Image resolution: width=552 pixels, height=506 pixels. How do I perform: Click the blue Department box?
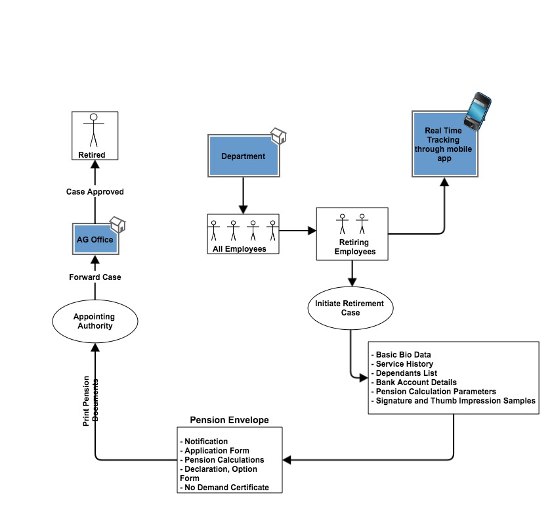click(x=244, y=156)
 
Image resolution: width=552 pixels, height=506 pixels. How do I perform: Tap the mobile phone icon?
click(x=477, y=111)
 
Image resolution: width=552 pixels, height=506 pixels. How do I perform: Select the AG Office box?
click(x=95, y=239)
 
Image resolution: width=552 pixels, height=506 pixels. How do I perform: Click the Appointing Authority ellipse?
click(x=95, y=321)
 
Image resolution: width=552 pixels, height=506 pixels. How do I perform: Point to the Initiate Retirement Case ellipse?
click(x=350, y=308)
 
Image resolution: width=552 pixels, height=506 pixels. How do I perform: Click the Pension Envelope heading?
click(x=229, y=420)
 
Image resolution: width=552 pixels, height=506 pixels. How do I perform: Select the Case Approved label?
click(x=95, y=192)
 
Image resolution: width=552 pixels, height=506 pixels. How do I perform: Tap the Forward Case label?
click(x=95, y=277)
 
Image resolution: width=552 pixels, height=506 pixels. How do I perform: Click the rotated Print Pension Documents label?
click(x=91, y=401)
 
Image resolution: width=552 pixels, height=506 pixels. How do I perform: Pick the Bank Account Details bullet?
click(x=414, y=382)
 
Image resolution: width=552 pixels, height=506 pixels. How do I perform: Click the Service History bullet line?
click(x=402, y=364)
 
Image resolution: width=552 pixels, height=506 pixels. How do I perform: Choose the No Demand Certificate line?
click(x=224, y=488)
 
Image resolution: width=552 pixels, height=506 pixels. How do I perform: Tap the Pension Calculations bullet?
click(x=222, y=460)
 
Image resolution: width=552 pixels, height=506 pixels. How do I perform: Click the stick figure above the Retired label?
click(x=94, y=129)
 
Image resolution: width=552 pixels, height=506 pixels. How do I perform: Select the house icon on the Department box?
click(x=278, y=136)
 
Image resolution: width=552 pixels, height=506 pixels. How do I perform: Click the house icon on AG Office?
click(x=117, y=225)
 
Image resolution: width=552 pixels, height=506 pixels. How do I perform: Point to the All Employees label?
click(x=240, y=249)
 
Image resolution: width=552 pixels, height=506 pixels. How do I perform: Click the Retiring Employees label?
click(x=355, y=246)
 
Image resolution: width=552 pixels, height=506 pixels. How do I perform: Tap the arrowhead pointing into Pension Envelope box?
click(x=287, y=460)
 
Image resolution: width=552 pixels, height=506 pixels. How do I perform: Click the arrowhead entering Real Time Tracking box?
click(x=444, y=182)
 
